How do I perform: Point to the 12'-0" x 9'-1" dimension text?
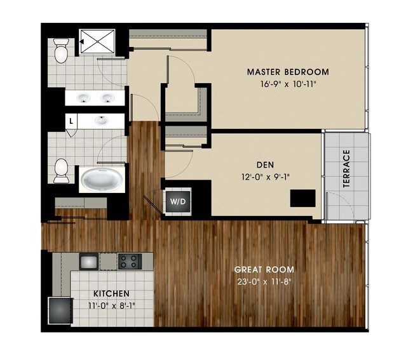coord(244,177)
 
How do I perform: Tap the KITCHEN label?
coord(112,294)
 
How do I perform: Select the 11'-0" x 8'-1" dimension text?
coord(112,305)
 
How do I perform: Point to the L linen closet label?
coord(71,119)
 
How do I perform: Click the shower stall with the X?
coord(98,44)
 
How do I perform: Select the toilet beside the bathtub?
coord(61,170)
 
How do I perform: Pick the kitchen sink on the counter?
coord(88,260)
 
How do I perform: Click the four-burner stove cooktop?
coord(129,260)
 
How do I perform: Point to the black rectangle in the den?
coord(302,199)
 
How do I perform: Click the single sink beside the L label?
coord(102,119)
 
